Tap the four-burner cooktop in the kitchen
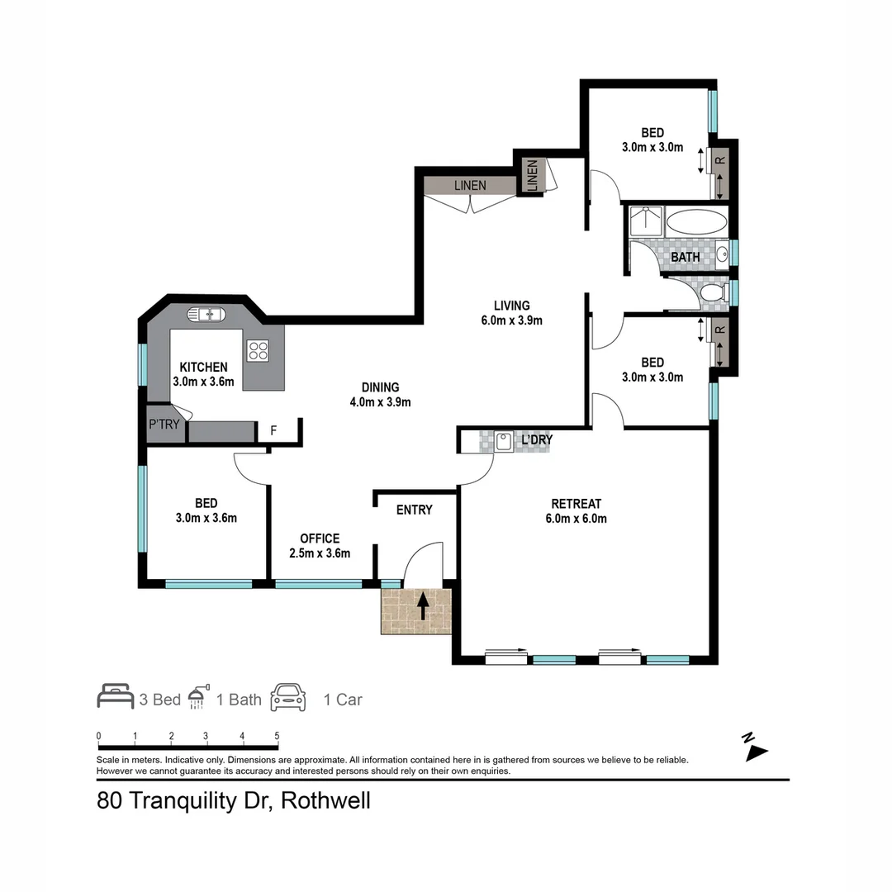(x=258, y=350)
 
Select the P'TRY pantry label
(x=164, y=425)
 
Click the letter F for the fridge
(x=273, y=431)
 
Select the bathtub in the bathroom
(x=696, y=222)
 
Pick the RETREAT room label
(x=576, y=504)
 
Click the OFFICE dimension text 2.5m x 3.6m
(x=320, y=553)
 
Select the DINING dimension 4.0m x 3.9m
(x=380, y=402)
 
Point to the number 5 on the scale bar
(x=278, y=735)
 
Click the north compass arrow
(x=755, y=750)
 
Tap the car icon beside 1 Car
(x=288, y=698)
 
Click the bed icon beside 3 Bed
(x=115, y=698)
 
